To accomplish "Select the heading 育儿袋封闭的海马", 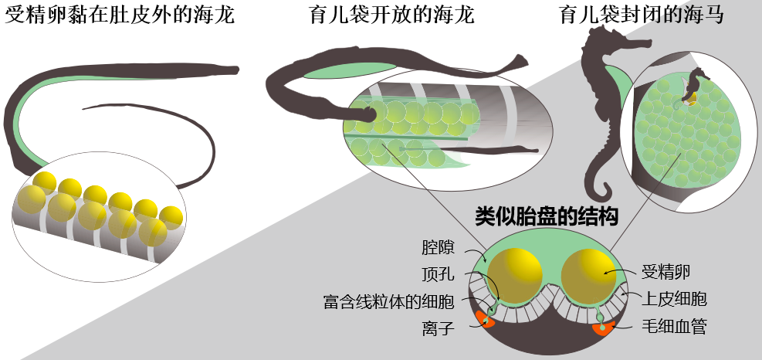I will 641,15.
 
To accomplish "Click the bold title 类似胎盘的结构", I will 546,217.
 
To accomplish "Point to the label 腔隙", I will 438,249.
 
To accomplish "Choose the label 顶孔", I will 438,275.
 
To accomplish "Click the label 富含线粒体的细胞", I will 389,301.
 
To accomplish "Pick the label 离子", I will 438,328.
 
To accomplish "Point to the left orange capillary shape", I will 485,320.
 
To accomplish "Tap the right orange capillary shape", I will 602,328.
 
